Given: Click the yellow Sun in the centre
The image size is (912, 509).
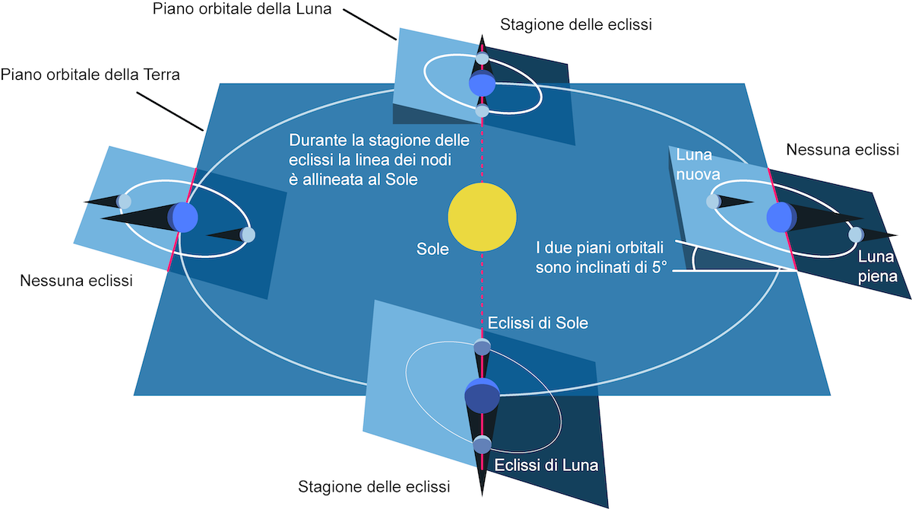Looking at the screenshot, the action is pos(482,217).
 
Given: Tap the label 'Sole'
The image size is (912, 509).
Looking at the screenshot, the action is pos(432,249).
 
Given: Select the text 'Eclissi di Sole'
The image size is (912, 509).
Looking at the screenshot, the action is pos(538,323).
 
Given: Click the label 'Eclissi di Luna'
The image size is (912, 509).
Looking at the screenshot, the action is pos(546,465).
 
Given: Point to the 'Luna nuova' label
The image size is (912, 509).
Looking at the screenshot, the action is pos(698,164).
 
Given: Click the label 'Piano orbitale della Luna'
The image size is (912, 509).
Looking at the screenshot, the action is pos(242,8).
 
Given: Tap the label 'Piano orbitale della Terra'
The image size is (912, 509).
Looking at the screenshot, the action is pos(90,75).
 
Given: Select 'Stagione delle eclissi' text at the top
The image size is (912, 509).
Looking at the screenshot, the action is pos(576,24).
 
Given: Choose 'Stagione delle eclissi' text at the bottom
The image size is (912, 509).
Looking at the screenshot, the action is pos(374,487).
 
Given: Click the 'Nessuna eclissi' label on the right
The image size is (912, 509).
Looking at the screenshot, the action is pos(842,150).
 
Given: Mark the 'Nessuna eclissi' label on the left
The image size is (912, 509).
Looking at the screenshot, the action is pos(76,281).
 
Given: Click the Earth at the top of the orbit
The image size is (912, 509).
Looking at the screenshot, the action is pos(482,84).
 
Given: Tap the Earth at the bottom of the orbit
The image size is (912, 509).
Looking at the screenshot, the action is pos(482,396).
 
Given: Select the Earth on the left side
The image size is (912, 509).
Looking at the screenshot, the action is pos(183,217).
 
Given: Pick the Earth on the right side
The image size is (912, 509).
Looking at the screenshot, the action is pos(782,217).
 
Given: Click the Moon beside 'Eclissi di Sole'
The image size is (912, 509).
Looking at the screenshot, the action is pos(482,347).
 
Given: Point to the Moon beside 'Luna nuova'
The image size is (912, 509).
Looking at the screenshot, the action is pos(714,202).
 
